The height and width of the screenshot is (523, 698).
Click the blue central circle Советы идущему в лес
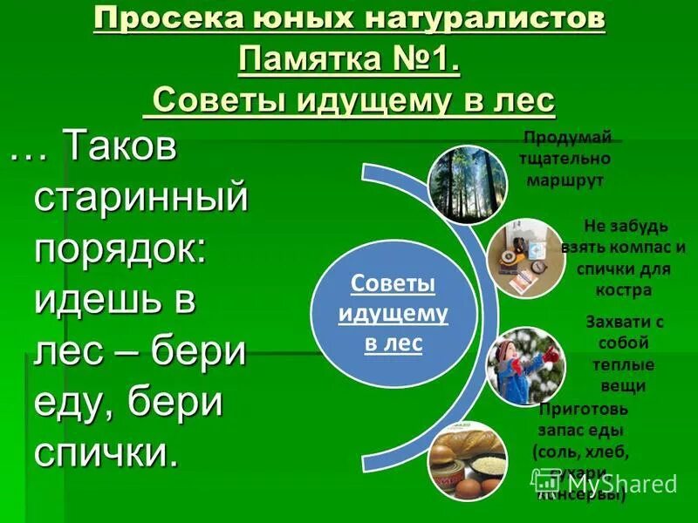[393, 314]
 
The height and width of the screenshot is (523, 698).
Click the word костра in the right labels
[626, 290]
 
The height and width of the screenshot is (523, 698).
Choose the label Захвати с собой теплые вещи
[624, 353]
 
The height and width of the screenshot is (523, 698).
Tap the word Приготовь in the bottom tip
[583, 408]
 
